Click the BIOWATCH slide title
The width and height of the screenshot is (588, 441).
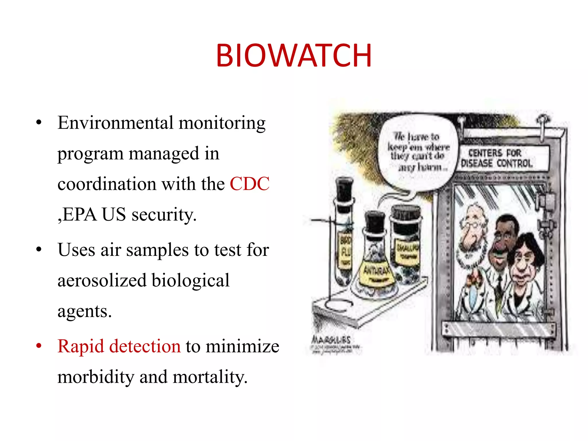click(x=294, y=55)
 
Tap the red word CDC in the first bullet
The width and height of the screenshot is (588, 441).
click(x=249, y=184)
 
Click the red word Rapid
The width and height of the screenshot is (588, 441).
click(x=80, y=346)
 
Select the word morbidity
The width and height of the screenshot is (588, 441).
click(x=96, y=377)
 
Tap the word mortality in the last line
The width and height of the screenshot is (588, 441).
click(x=210, y=377)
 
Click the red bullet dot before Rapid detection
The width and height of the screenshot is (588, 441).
click(x=39, y=346)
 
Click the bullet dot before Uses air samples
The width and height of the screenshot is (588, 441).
click(x=39, y=249)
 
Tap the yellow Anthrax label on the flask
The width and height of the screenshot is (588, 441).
click(x=376, y=271)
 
